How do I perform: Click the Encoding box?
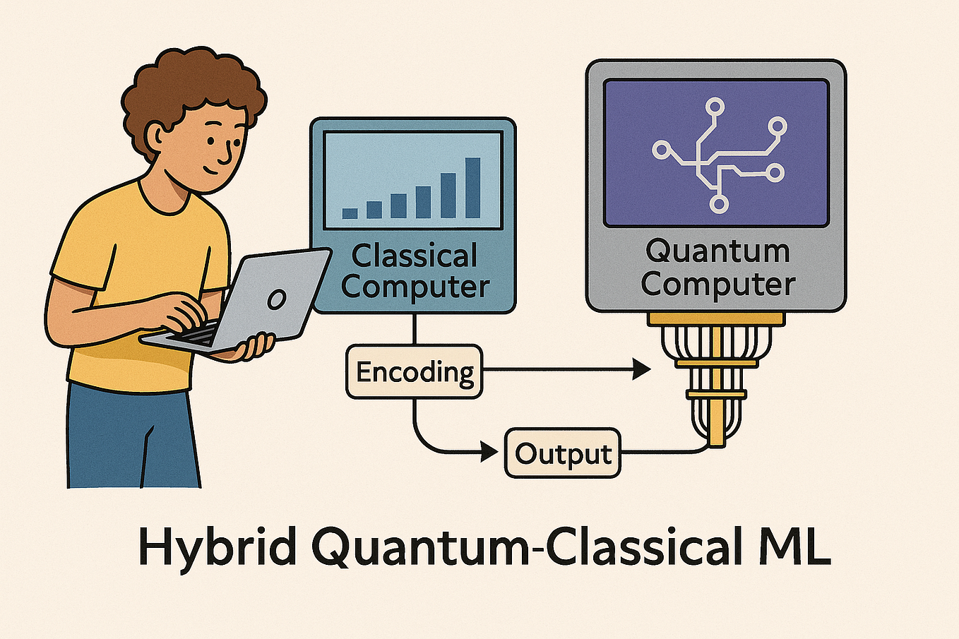tap(414, 371)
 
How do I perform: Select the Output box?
tap(563, 453)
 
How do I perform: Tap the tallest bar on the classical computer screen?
tap(472, 188)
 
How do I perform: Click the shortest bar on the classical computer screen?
tap(350, 213)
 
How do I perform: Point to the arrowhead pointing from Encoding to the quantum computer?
tap(641, 369)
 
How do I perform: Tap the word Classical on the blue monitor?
tap(415, 256)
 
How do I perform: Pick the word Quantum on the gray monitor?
tap(717, 251)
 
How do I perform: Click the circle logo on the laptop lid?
tap(276, 299)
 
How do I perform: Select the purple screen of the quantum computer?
tap(716, 153)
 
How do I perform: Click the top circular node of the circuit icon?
tap(715, 107)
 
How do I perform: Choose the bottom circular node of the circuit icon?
tap(718, 205)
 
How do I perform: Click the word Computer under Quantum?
tap(717, 284)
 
